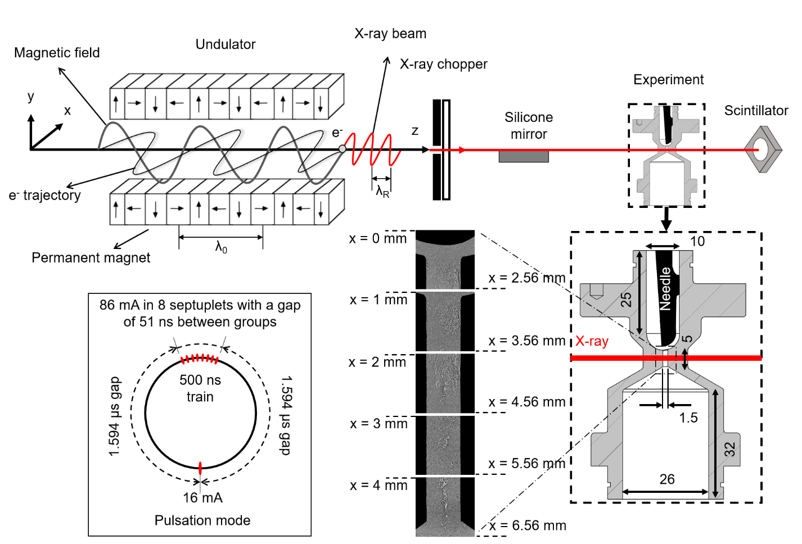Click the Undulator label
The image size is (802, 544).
(x=226, y=44)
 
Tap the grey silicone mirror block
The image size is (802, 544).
(x=524, y=157)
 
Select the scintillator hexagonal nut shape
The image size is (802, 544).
(x=763, y=149)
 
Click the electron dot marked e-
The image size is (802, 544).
(x=342, y=149)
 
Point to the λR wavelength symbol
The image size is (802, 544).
(x=382, y=192)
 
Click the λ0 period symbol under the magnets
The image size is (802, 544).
(x=221, y=247)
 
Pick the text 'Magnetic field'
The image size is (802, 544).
(x=57, y=53)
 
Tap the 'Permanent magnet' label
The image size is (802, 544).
(x=91, y=258)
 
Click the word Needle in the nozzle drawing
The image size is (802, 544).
(x=665, y=289)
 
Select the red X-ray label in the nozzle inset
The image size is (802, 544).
(x=592, y=341)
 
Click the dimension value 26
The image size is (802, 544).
(x=667, y=479)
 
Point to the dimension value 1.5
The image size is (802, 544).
(x=688, y=418)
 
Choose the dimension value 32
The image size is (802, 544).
(x=729, y=450)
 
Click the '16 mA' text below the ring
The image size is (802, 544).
(x=202, y=498)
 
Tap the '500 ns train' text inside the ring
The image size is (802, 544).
(x=200, y=388)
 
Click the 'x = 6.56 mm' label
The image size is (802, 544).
(x=528, y=526)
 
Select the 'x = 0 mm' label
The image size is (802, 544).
(x=378, y=239)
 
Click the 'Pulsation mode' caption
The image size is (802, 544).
(x=202, y=520)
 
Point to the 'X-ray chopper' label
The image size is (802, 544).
(x=444, y=64)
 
